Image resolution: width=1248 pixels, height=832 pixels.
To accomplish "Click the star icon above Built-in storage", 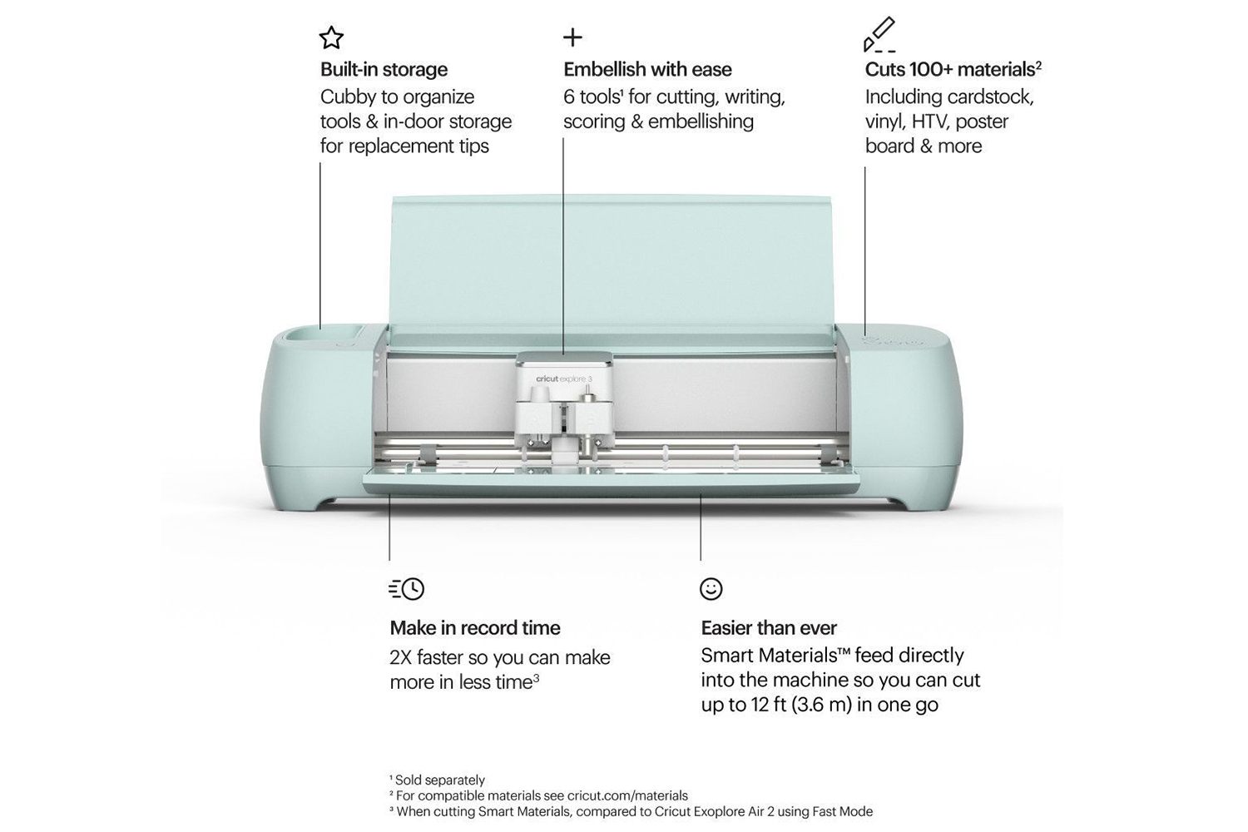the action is [x=331, y=37].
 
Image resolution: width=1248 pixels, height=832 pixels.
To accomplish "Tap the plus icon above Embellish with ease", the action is [x=572, y=37].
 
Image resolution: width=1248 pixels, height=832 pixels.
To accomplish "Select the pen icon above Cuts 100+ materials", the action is [x=879, y=35].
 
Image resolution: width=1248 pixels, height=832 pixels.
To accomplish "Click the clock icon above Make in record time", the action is [x=407, y=589].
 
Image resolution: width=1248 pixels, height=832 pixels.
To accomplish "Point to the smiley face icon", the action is [x=711, y=589].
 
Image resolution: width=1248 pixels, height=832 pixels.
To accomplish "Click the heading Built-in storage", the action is [x=384, y=70].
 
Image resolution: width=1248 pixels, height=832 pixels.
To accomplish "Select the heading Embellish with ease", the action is [x=647, y=70].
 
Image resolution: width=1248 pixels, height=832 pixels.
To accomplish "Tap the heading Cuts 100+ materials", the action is [x=953, y=70].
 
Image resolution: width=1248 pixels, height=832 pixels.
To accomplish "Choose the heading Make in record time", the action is [x=475, y=628].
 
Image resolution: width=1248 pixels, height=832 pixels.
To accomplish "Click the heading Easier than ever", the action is [x=769, y=628].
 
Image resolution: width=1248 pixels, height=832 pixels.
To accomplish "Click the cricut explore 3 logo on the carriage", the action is [x=564, y=379].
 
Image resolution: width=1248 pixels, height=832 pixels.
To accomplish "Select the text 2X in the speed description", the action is [x=400, y=657].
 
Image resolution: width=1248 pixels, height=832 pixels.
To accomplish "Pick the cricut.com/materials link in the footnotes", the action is [x=627, y=795].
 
